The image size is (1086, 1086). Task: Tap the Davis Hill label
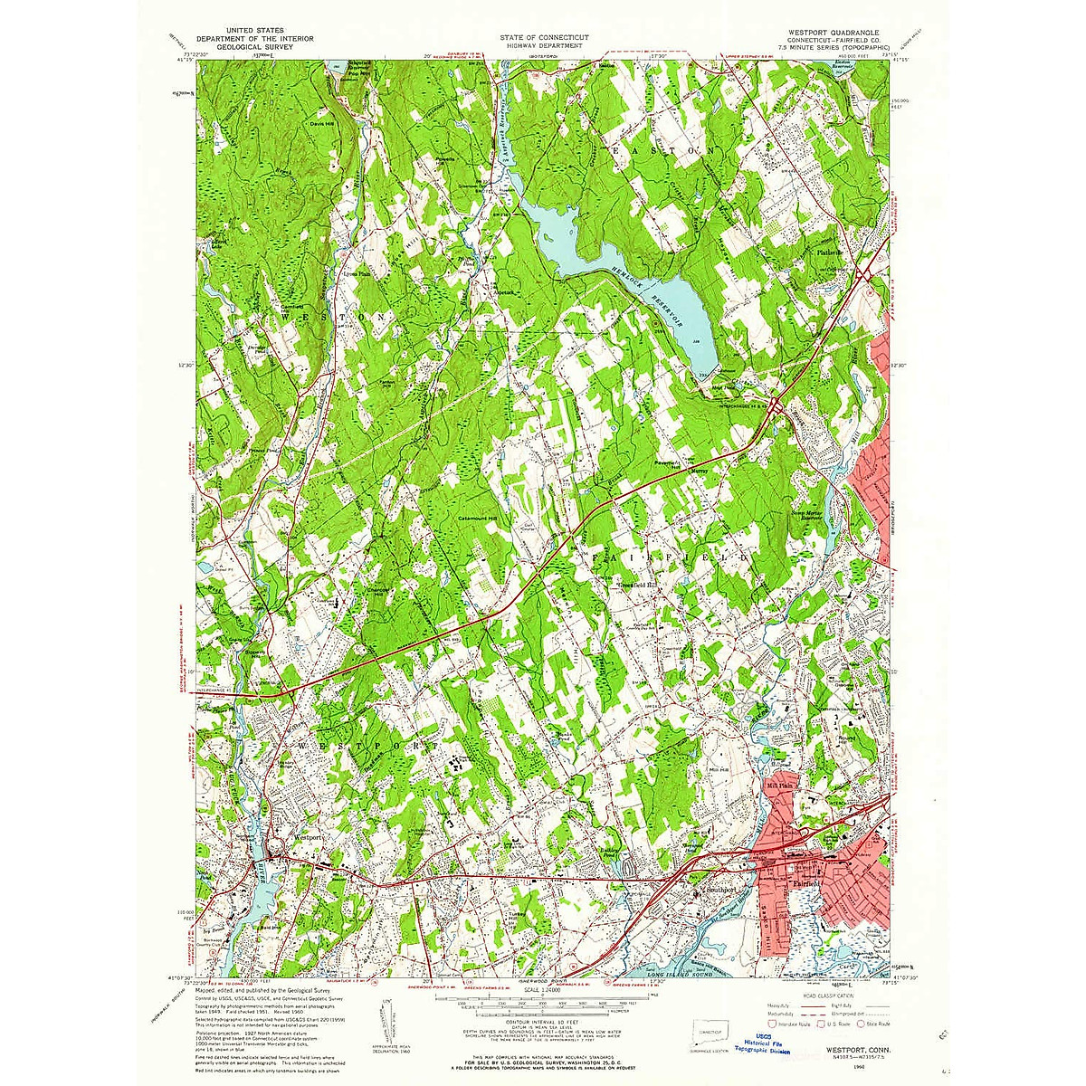coord(323,124)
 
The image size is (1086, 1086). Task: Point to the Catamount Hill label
coord(478,519)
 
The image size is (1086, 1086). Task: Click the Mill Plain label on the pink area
coord(778,786)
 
